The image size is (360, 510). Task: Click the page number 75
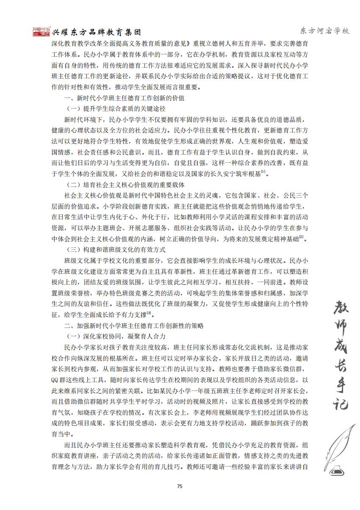point(180,487)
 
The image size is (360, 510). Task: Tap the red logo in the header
point(42,32)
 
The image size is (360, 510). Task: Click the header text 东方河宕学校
point(324,31)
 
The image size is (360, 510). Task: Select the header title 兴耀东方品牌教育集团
point(96,32)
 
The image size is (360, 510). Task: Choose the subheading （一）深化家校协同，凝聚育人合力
point(116,336)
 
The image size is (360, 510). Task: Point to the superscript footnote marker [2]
point(302,237)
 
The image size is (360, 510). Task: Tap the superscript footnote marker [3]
point(149,313)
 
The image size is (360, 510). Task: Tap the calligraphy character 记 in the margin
point(338,400)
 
